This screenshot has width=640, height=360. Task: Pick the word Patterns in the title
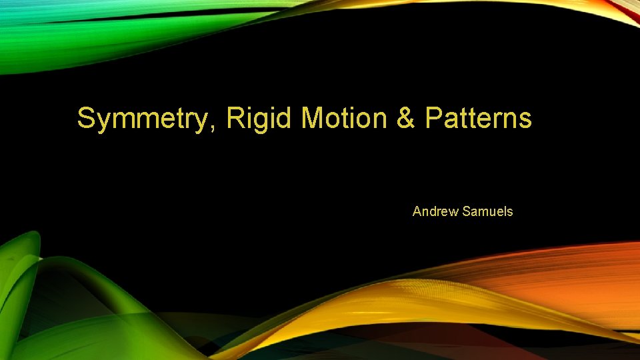tap(478, 119)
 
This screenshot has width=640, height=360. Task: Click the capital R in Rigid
tap(235, 119)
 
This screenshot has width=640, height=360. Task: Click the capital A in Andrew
tap(417, 211)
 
